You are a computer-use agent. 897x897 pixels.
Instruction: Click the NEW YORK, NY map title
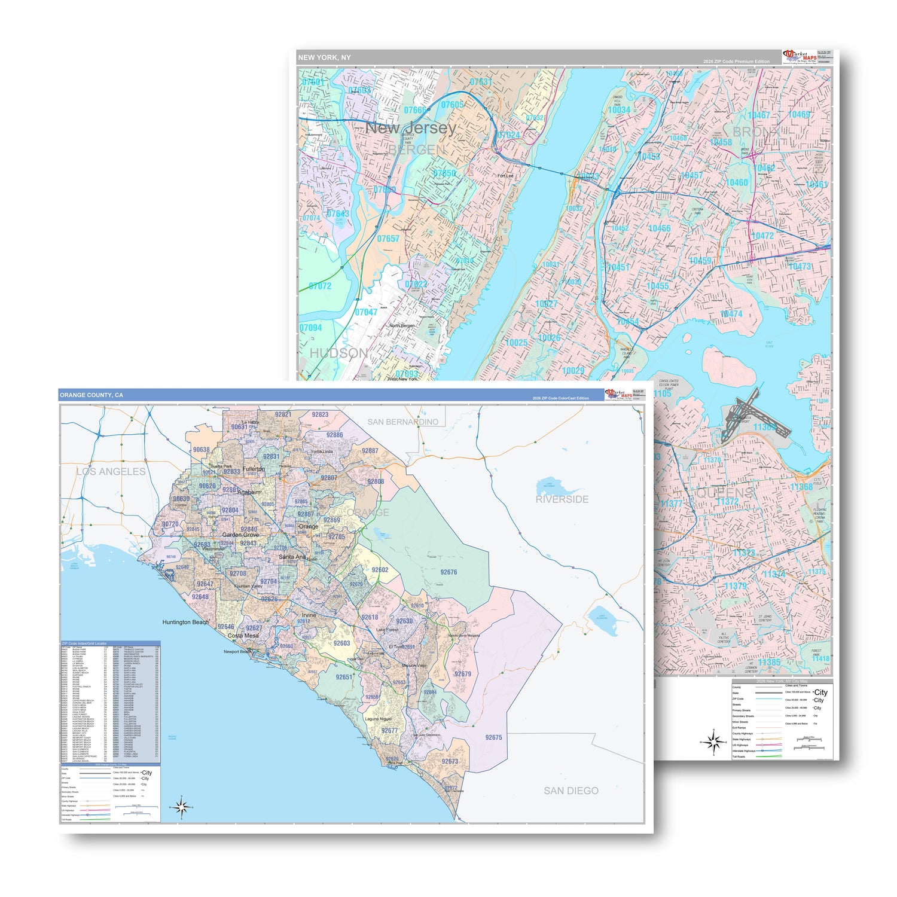pos(325,57)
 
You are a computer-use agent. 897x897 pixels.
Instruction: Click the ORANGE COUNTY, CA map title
pos(91,395)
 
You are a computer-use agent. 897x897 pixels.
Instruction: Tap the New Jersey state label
pos(411,128)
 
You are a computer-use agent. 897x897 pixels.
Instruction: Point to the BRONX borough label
pos(756,132)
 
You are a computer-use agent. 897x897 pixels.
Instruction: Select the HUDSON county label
pos(338,353)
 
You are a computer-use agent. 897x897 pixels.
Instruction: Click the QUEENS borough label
pos(724,493)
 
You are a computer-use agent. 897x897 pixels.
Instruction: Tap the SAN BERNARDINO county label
pos(402,422)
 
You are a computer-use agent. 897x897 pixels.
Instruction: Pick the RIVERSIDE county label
pos(562,499)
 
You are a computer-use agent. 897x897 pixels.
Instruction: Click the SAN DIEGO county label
pos(570,791)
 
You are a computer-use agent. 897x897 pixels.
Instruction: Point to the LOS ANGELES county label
pos(111,472)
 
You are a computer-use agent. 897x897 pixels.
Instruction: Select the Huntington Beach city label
pos(185,622)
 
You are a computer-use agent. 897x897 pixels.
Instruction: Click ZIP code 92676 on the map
pos(448,572)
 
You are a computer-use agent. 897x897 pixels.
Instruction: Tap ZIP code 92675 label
pos(493,737)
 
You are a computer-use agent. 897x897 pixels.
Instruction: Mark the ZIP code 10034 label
pos(619,110)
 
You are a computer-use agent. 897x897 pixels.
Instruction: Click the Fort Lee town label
pos(505,176)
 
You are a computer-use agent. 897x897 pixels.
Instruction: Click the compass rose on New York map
pos(713,742)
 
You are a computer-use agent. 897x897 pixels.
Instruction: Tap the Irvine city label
pos(309,615)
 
